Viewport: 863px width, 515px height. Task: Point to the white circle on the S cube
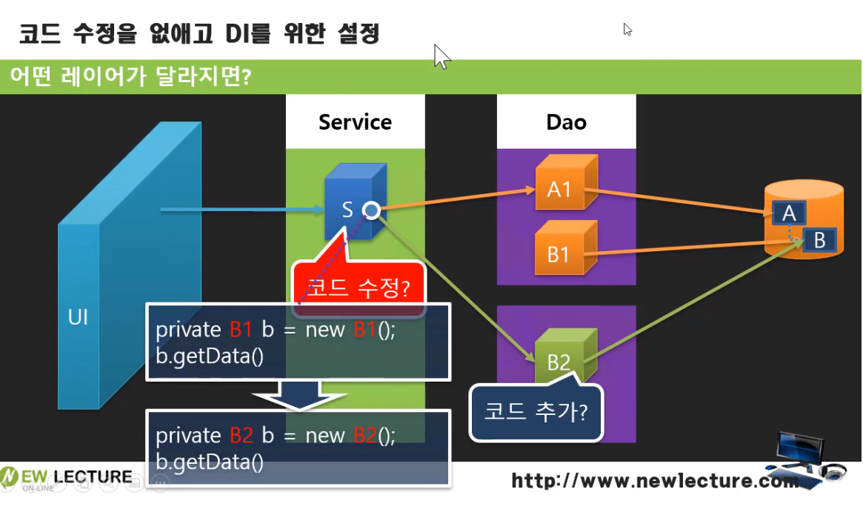click(371, 212)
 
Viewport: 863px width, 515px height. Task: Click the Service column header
click(355, 122)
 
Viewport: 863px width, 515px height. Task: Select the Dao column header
click(566, 122)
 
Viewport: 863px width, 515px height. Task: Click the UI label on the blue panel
click(78, 318)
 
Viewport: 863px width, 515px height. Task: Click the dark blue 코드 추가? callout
click(536, 411)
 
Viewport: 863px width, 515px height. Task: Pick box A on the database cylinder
click(789, 213)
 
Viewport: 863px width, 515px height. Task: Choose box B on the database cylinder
click(819, 240)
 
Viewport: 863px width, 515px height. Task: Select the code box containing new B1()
click(298, 342)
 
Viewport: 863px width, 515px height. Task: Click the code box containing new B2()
click(298, 448)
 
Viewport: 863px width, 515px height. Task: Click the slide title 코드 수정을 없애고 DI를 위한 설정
click(199, 33)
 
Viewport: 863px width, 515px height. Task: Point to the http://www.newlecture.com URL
click(656, 482)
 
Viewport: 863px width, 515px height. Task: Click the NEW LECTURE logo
click(67, 476)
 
